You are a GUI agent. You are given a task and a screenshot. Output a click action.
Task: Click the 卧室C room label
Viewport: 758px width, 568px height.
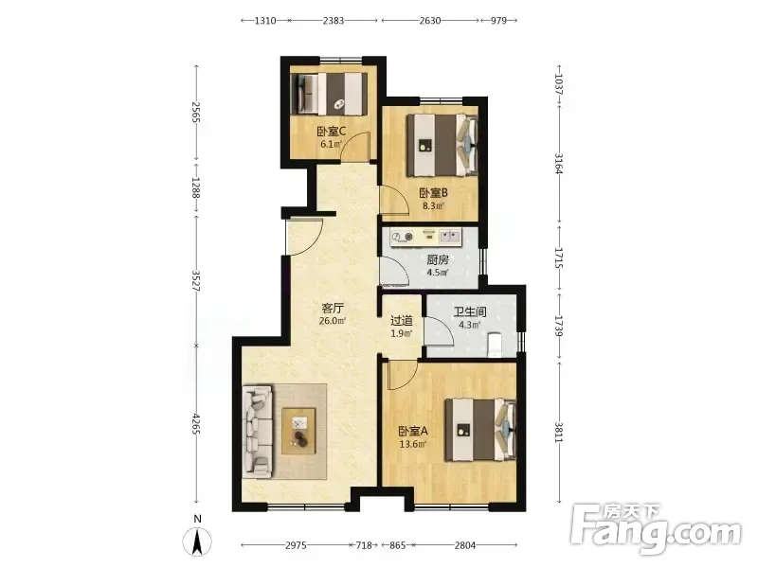point(331,131)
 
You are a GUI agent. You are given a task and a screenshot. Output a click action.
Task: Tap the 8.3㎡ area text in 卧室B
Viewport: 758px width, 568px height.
point(433,205)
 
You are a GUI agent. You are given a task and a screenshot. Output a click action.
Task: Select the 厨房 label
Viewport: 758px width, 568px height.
point(438,259)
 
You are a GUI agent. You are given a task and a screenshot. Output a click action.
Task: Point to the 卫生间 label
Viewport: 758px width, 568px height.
point(469,311)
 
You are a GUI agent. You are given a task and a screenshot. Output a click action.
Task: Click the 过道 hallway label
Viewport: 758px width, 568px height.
point(401,320)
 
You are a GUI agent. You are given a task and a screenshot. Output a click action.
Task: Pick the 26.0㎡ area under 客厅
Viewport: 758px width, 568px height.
point(333,321)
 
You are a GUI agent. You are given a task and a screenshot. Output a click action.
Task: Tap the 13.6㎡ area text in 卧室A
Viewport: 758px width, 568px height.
point(413,444)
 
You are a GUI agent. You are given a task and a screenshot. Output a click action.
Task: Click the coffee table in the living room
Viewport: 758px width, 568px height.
point(298,431)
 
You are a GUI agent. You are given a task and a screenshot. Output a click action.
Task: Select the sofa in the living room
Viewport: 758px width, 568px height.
point(258,432)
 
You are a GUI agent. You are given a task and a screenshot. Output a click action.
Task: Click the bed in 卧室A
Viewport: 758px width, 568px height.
point(481,430)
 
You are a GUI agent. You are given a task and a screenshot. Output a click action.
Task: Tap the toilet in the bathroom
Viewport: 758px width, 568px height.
point(494,345)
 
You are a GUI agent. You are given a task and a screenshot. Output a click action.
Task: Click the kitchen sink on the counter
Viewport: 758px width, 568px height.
point(449,236)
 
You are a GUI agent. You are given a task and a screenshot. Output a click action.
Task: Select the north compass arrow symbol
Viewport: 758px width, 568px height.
point(197,541)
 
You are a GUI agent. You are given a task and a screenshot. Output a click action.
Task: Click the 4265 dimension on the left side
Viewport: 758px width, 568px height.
point(196,424)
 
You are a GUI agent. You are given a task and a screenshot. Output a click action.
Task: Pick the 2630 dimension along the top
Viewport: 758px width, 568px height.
point(430,20)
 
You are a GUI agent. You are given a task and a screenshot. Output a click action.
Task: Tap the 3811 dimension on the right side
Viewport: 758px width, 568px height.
point(558,433)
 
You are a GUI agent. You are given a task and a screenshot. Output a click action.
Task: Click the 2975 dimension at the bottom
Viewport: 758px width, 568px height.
point(296,545)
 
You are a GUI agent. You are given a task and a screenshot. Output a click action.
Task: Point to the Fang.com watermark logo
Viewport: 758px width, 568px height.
point(655,528)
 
